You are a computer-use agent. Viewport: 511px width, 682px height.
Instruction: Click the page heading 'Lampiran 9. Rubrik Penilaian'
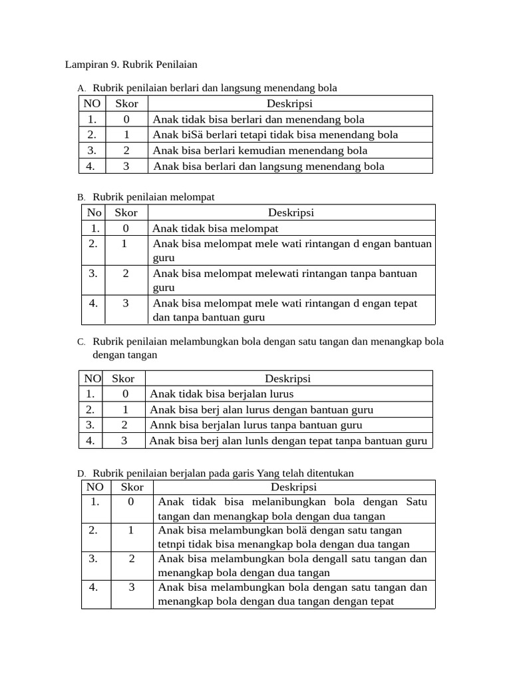pyautogui.click(x=131, y=65)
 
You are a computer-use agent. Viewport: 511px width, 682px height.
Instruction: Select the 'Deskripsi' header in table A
pyautogui.click(x=289, y=103)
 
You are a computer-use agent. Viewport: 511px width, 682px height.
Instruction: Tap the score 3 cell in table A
pyautogui.click(x=126, y=166)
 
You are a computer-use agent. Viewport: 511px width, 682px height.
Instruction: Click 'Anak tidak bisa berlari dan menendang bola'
pyautogui.click(x=258, y=119)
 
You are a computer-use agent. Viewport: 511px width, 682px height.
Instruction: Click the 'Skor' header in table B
pyautogui.click(x=126, y=212)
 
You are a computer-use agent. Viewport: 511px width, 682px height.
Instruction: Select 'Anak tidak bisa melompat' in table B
pyautogui.click(x=215, y=228)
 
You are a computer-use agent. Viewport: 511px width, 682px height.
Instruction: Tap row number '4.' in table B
pyautogui.click(x=94, y=303)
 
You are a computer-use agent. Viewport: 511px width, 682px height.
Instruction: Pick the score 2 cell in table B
pyautogui.click(x=126, y=273)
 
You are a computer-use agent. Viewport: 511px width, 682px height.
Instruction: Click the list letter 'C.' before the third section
pyautogui.click(x=81, y=342)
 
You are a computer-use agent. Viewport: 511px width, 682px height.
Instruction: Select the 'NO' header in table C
pyautogui.click(x=92, y=378)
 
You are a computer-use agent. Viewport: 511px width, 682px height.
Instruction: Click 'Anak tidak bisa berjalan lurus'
pyautogui.click(x=222, y=394)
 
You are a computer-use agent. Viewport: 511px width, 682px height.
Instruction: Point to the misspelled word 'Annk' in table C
pyautogui.click(x=164, y=425)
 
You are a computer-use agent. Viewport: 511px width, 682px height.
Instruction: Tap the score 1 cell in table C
pyautogui.click(x=125, y=410)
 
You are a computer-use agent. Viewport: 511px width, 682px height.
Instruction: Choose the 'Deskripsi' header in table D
pyautogui.click(x=293, y=488)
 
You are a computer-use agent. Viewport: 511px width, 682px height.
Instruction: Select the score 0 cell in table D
pyautogui.click(x=131, y=502)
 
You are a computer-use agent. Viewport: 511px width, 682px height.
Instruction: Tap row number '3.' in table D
pyautogui.click(x=94, y=558)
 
